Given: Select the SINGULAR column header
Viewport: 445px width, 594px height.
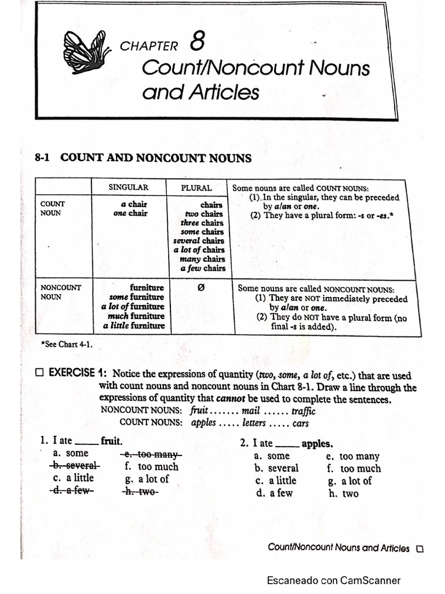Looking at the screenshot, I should (x=129, y=187).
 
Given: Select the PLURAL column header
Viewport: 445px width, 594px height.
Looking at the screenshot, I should (x=196, y=188).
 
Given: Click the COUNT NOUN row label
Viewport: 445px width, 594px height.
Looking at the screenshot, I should (x=52, y=208).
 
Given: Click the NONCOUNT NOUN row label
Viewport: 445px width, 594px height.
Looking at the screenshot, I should (x=61, y=292).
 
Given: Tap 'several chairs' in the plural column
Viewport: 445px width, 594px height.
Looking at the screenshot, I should (x=198, y=240).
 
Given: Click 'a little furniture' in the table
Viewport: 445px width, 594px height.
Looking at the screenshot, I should (x=134, y=325).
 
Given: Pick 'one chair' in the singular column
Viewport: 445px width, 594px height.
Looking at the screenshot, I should (x=130, y=213).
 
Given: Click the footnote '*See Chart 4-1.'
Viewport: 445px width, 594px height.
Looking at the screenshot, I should (x=67, y=344).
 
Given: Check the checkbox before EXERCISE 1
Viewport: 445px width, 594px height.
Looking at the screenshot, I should (x=39, y=374).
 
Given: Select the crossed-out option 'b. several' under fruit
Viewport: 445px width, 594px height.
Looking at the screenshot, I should (x=75, y=466).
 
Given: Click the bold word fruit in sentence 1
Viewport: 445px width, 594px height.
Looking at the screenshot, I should (x=111, y=441).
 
